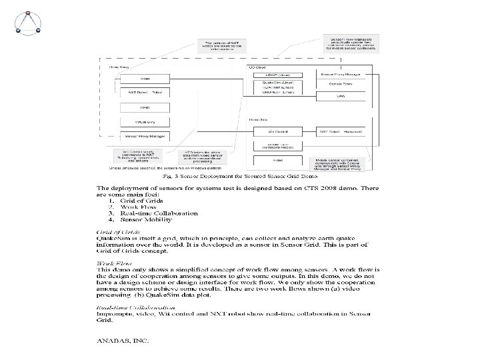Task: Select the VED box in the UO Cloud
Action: pos(341,95)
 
